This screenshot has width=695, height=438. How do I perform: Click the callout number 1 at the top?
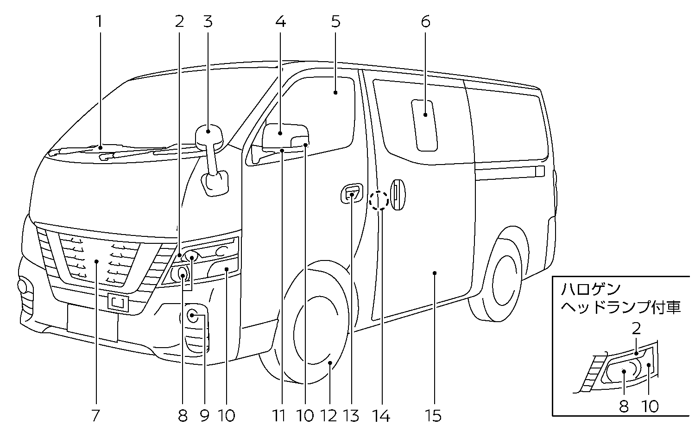pos(98,21)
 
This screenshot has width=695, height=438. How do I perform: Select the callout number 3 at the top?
pos(208,21)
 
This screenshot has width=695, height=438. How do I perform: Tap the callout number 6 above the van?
pos(425,21)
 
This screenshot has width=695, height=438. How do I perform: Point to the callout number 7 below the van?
pos(95,416)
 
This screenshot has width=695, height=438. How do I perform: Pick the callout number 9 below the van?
pos(205,416)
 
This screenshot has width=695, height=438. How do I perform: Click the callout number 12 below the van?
pos(329,416)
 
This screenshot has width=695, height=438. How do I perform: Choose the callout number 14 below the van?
pos(382,416)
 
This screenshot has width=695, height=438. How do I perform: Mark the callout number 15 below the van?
pos(434,416)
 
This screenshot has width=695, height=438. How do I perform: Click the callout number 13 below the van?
pos(352,416)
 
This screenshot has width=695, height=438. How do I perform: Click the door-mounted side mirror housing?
pos(284,136)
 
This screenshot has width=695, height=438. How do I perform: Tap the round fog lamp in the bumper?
pos(192,316)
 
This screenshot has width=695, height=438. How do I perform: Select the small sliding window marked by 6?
pos(424,125)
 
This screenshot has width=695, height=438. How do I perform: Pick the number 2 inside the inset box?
pos(636,329)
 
